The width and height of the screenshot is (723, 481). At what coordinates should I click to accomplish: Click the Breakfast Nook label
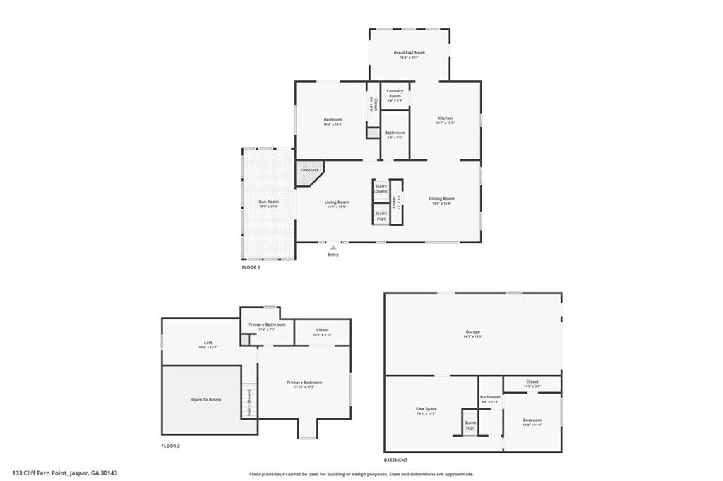click(x=410, y=53)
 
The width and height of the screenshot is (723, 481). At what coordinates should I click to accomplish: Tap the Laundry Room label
click(x=395, y=93)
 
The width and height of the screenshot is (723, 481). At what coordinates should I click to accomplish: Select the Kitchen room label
click(x=445, y=118)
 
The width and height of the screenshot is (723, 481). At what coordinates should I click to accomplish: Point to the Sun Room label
click(x=268, y=202)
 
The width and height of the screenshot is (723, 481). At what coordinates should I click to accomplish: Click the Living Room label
click(x=337, y=202)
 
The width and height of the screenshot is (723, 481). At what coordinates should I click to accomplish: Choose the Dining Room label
click(x=442, y=199)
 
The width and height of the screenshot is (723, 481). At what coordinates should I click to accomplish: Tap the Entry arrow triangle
click(x=333, y=248)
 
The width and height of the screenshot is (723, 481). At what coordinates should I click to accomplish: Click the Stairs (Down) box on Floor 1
click(x=381, y=189)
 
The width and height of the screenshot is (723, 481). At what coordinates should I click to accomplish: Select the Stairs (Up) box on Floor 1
click(x=381, y=215)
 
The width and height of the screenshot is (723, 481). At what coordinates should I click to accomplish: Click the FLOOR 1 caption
click(x=251, y=268)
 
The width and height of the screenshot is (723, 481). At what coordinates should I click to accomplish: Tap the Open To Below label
click(x=206, y=399)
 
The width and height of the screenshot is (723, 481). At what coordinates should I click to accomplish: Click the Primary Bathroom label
click(x=266, y=324)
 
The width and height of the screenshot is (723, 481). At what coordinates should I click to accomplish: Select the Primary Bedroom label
click(x=304, y=382)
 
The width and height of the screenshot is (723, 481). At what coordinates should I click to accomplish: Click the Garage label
click(x=472, y=331)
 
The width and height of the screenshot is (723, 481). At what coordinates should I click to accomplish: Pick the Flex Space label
click(x=426, y=410)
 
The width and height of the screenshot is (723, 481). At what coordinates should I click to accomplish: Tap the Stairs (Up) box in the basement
click(x=470, y=425)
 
